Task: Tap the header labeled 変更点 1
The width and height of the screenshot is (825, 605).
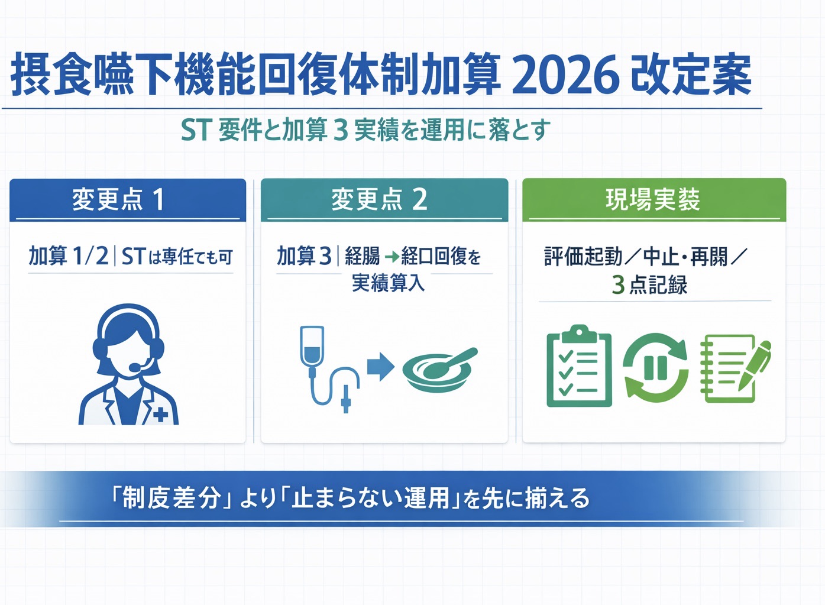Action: [x=118, y=199]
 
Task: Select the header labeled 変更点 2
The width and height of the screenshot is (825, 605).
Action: [x=379, y=199]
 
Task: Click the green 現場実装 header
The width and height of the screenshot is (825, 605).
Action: [x=653, y=199]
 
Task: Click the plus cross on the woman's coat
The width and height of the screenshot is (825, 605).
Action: [x=160, y=415]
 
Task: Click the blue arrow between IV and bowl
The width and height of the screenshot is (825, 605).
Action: [x=380, y=367]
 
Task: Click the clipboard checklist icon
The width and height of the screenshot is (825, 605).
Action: [x=579, y=366]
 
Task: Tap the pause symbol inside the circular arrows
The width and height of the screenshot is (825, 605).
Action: [x=655, y=368]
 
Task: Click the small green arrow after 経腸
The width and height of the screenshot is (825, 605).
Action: [x=392, y=257]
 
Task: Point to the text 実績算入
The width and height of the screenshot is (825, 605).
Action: [x=388, y=283]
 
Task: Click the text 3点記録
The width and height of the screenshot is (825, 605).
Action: [x=649, y=285]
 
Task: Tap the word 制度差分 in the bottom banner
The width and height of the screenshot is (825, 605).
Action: [x=171, y=498]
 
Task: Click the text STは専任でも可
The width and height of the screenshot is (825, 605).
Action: [x=177, y=257]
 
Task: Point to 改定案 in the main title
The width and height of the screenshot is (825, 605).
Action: [x=691, y=76]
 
